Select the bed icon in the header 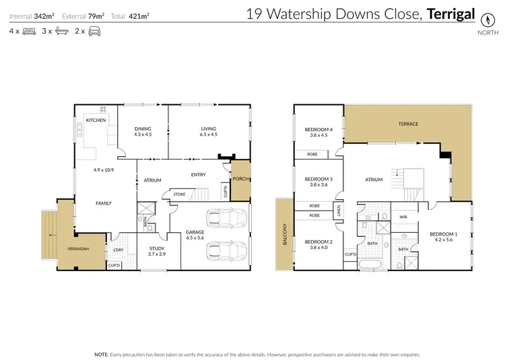(x=28, y=31)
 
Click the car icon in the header (x=94, y=31)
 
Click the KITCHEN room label (x=95, y=120)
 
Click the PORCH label (x=240, y=179)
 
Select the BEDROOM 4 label (x=318, y=129)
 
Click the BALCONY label (x=284, y=235)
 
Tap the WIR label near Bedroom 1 (x=403, y=217)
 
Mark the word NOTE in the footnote (x=102, y=353)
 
